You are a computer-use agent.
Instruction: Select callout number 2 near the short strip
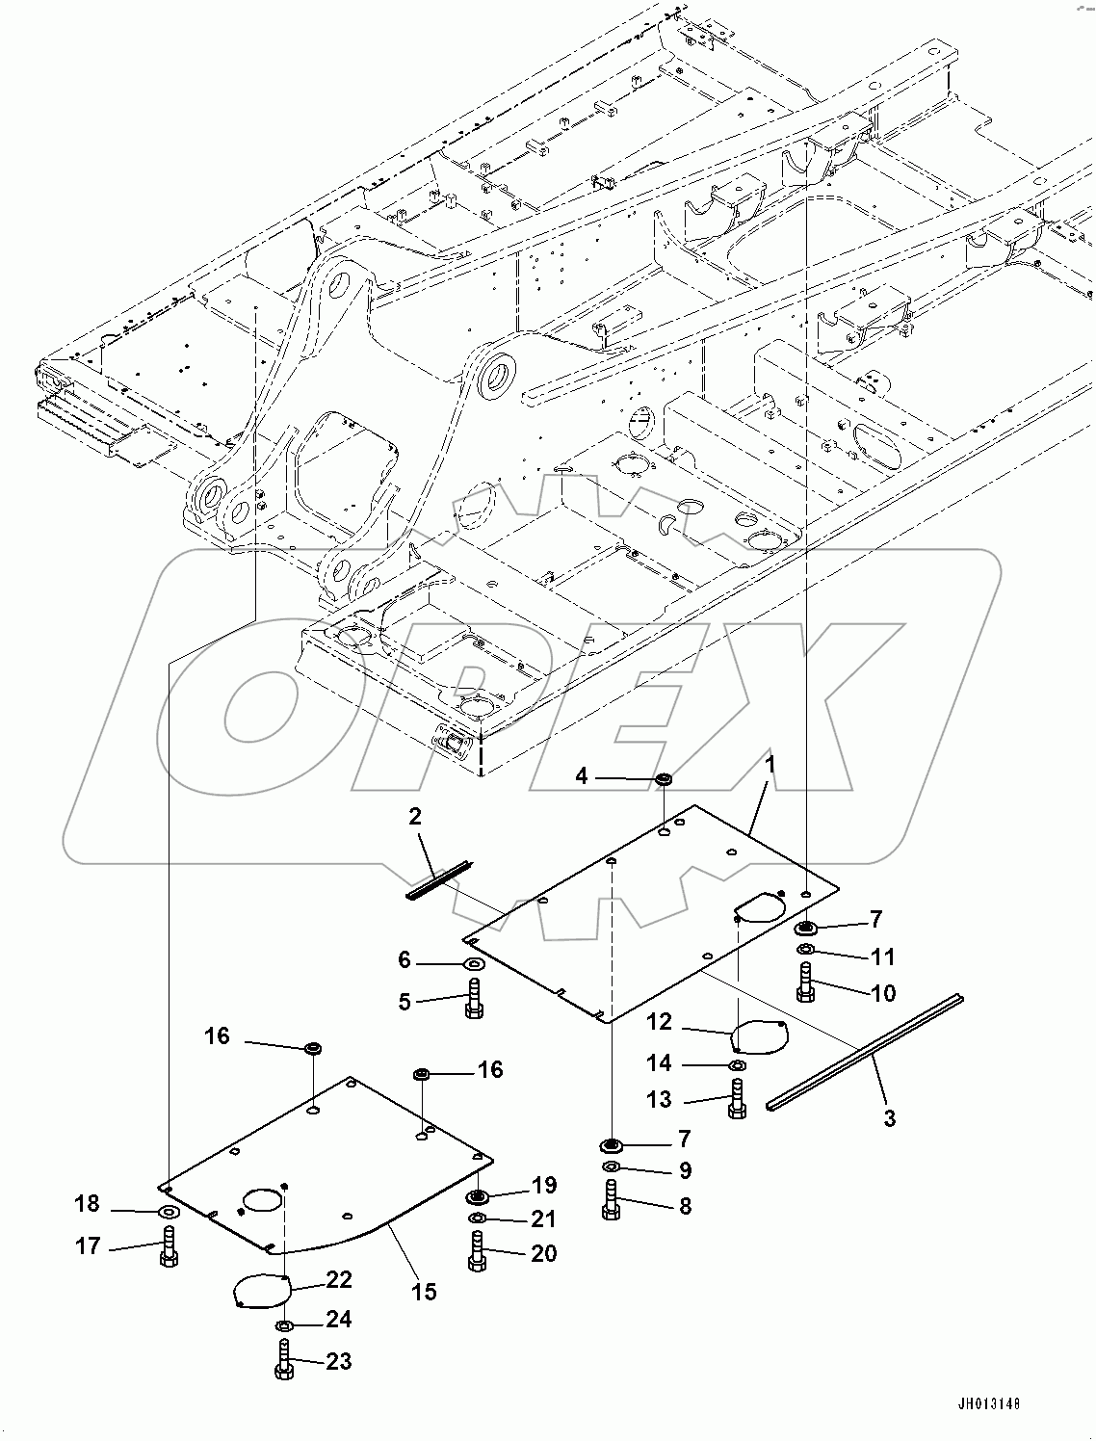pyautogui.click(x=415, y=818)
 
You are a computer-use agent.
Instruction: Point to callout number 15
pyautogui.click(x=424, y=1291)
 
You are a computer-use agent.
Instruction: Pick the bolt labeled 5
pyautogui.click(x=473, y=998)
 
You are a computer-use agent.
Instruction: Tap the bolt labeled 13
pyautogui.click(x=737, y=1099)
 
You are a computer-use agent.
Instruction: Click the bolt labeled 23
pyautogui.click(x=284, y=1361)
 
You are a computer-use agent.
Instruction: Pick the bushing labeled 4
pyautogui.click(x=664, y=778)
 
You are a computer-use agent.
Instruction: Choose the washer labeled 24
pyautogui.click(x=284, y=1326)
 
